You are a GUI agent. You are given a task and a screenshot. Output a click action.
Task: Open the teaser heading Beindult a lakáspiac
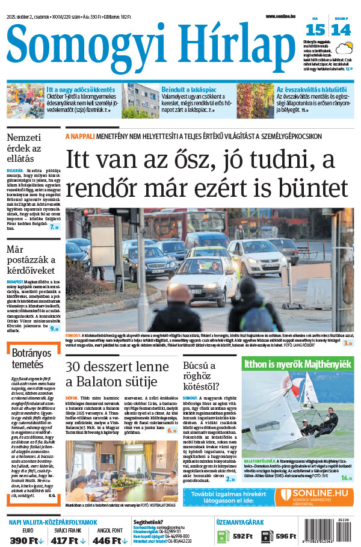point(186,89)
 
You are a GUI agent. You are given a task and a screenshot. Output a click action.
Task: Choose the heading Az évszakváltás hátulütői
point(311,89)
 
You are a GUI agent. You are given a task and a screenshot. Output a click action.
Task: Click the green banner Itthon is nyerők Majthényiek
point(297,364)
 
